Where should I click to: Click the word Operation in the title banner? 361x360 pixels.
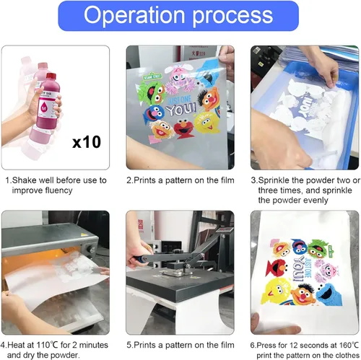click(134, 15)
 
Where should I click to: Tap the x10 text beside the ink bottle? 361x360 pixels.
click(87, 142)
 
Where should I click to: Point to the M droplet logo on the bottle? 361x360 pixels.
click(44, 107)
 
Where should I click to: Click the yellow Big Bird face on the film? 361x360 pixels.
click(207, 123)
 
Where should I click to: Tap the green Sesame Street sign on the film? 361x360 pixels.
click(152, 77)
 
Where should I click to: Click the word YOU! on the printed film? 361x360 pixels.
click(181, 109)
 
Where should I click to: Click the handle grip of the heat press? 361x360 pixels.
click(136, 259)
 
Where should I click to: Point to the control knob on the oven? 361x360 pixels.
click(92, 249)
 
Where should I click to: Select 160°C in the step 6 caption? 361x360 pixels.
click(349, 345)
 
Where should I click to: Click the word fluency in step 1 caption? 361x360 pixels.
click(58, 190)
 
